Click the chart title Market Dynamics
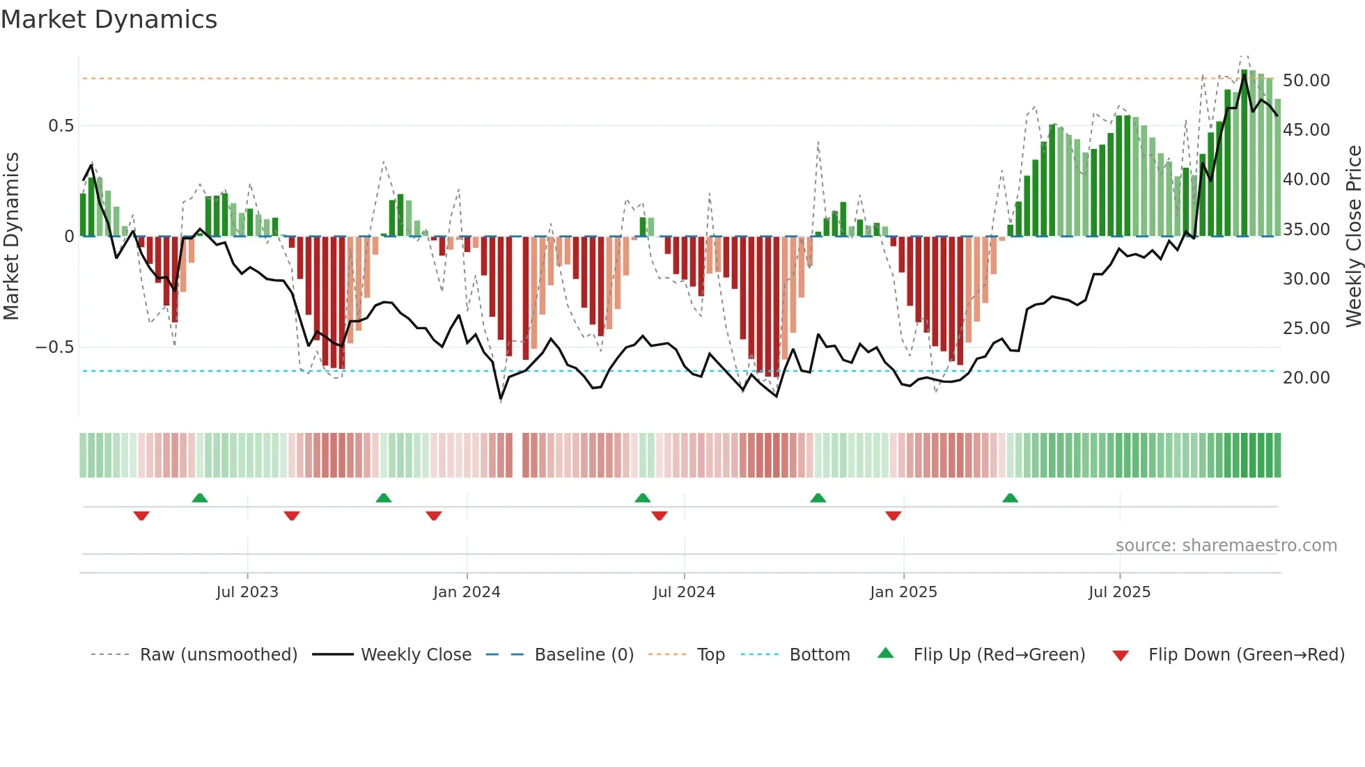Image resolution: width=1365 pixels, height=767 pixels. point(109,19)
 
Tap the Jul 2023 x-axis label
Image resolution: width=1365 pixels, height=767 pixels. point(247,592)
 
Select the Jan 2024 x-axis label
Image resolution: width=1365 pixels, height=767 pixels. point(467,592)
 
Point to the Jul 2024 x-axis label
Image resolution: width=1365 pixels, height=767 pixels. point(684,592)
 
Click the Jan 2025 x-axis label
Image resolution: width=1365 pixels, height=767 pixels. point(903,592)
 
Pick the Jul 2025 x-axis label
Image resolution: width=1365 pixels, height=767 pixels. point(1120,592)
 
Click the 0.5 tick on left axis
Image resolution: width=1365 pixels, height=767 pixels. point(61,126)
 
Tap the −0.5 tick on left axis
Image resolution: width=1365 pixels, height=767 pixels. point(54,347)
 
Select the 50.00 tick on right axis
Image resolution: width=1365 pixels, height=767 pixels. point(1306,81)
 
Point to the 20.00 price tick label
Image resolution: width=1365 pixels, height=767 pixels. point(1306,378)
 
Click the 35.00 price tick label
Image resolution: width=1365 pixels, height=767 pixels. point(1306,230)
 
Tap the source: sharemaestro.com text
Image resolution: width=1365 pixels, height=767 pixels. point(1226,546)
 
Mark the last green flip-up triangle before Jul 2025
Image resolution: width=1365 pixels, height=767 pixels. point(1010,498)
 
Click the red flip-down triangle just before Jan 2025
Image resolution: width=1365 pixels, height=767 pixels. point(894,516)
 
